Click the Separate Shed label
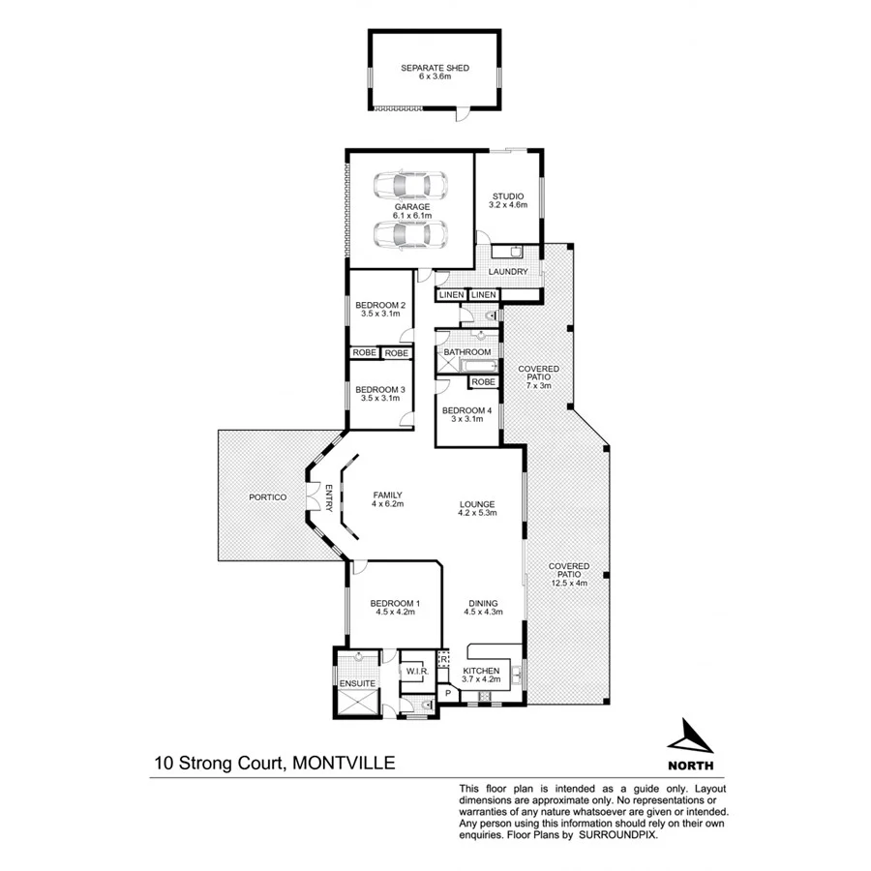click(435, 68)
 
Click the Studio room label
click(507, 196)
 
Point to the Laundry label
click(508, 272)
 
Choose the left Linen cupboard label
click(451, 294)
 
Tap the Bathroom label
click(467, 352)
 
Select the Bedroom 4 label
click(467, 410)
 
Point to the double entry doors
click(314, 500)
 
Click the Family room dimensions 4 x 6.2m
click(387, 504)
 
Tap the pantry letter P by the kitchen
click(447, 693)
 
